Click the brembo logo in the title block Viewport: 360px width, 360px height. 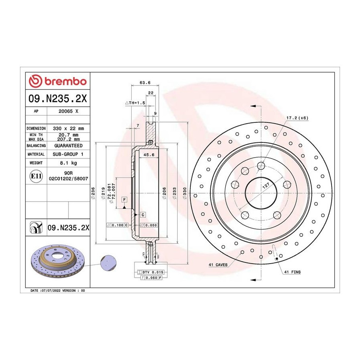[58, 81]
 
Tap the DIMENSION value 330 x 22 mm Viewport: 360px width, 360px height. [68, 128]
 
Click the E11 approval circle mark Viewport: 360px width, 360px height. [36, 176]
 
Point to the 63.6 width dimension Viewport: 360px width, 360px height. [145, 82]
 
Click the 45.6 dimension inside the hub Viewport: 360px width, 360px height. [149, 155]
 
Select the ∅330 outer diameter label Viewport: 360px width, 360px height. [185, 193]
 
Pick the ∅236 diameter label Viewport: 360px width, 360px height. [93, 193]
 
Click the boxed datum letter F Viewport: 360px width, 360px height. [124, 200]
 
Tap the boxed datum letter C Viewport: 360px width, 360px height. [143, 215]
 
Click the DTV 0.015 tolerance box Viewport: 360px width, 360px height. [151, 272]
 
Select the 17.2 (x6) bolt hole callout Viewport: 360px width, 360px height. [297, 118]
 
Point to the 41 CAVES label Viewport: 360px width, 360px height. [218, 265]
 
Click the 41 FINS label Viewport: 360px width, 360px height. [292, 272]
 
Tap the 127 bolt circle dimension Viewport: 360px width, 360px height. [266, 186]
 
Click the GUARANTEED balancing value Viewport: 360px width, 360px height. [68, 146]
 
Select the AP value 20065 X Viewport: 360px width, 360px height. [68, 111]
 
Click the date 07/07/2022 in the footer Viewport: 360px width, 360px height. [50, 290]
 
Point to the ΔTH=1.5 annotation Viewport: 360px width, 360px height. [135, 103]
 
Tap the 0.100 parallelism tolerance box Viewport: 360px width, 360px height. [117, 225]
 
